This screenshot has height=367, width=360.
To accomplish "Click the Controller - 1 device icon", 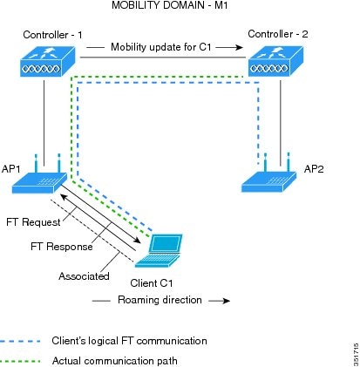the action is (48, 62).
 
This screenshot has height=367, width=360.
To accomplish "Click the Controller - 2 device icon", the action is (275, 61).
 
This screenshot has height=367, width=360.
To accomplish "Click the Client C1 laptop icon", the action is (159, 250).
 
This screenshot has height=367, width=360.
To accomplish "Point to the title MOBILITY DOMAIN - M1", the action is (170, 5).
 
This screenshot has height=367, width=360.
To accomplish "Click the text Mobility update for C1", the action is (161, 47).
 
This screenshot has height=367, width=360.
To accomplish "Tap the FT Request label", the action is (33, 222).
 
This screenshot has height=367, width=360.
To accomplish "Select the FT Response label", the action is (62, 247).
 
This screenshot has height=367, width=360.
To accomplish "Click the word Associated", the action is (84, 276).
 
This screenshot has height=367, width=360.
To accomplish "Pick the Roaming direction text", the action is (160, 300).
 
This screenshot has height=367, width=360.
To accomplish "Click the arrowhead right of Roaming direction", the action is (227, 301).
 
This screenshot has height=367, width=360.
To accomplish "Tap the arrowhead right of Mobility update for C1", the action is (240, 47).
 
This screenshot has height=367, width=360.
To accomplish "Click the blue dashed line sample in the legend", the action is (20, 341).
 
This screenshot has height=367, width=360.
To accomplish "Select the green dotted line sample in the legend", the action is (20, 362).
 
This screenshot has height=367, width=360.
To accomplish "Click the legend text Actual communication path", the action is (115, 361).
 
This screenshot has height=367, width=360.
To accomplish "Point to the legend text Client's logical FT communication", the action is (129, 341).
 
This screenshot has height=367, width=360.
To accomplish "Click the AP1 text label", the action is (11, 169).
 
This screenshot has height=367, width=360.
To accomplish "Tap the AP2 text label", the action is (314, 169).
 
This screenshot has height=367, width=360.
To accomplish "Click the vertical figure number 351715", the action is (357, 355).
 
